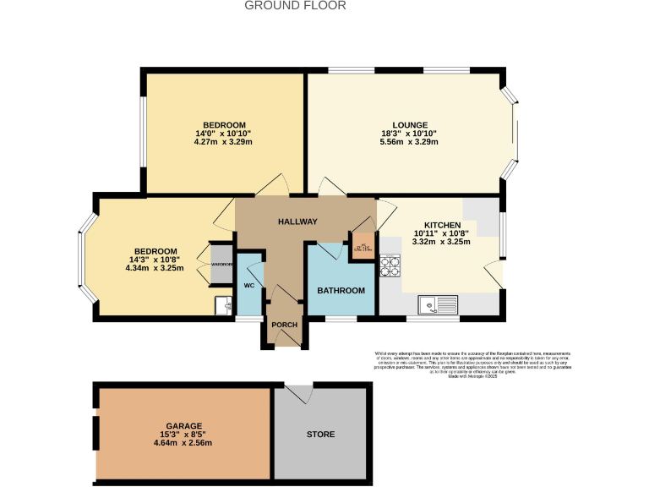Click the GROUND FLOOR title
point(295,5)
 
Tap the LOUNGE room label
point(410,125)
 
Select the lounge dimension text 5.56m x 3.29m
point(410,142)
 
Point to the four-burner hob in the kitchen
point(390,266)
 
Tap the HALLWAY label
point(297,222)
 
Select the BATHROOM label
point(341,291)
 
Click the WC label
point(249,286)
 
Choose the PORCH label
point(283,325)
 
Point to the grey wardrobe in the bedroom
point(221,264)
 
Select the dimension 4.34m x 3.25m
point(155,268)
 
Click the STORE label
point(320,435)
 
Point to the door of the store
point(298,394)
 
